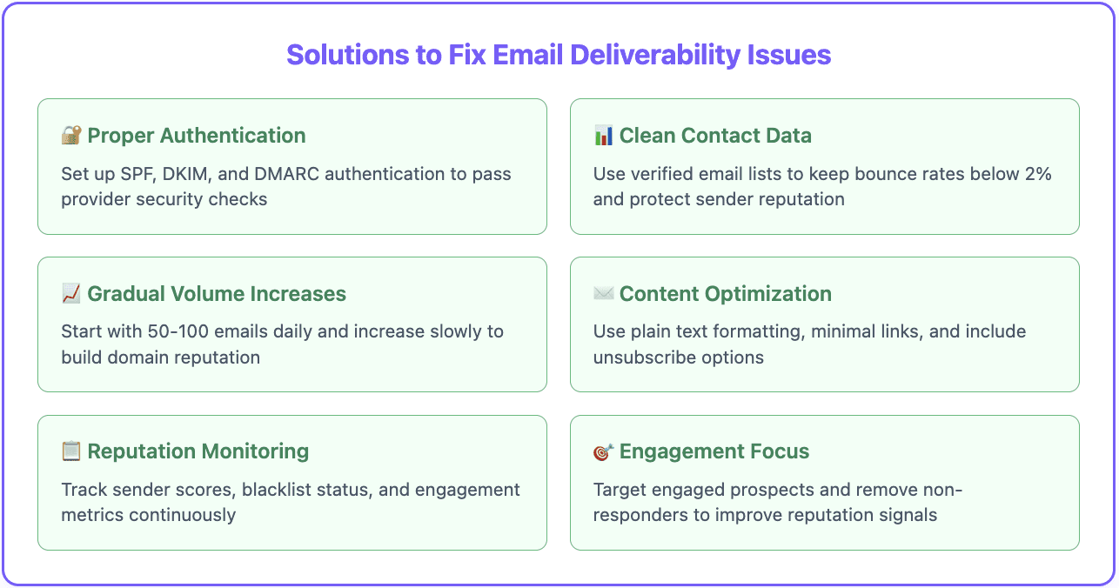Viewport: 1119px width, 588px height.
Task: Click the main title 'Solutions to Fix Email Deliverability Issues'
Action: [x=559, y=55]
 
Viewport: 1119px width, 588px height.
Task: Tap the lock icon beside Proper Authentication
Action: [x=71, y=136]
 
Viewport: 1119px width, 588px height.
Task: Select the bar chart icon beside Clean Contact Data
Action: [x=603, y=136]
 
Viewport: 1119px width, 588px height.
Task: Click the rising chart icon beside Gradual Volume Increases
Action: [x=71, y=294]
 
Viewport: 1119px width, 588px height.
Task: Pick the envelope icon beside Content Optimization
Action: [x=603, y=294]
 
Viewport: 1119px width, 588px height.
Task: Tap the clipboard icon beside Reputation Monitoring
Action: [x=71, y=451]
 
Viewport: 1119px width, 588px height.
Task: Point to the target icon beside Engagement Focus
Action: [x=603, y=452]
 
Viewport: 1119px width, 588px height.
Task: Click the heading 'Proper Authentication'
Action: [x=197, y=136]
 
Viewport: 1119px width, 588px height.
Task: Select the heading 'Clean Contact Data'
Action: [x=715, y=136]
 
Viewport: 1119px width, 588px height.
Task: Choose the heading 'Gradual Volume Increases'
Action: [x=217, y=294]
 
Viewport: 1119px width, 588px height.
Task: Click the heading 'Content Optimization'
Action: [x=725, y=294]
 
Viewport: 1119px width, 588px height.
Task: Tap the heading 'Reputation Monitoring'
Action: [x=198, y=451]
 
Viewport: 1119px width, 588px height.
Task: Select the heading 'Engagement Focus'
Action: [x=714, y=451]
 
